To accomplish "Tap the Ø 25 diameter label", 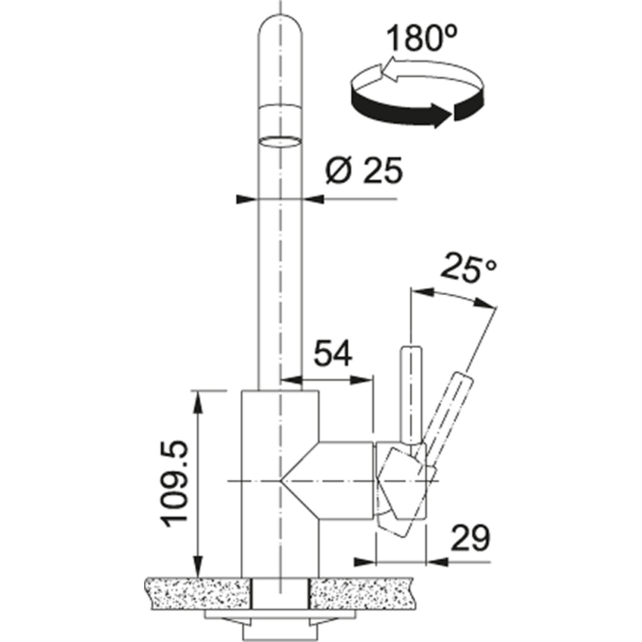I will click(x=364, y=172).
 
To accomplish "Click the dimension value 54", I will click(x=333, y=354).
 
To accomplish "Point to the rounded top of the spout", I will click(x=281, y=30).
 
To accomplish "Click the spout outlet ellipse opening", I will click(x=281, y=140).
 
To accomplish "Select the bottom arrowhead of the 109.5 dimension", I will click(x=198, y=568).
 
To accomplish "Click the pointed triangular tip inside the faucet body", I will click(x=284, y=479).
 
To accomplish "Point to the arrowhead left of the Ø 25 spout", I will click(x=246, y=200).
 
